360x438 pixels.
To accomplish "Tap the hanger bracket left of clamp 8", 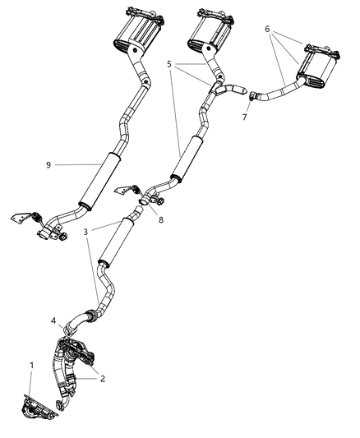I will (x=126, y=190).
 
